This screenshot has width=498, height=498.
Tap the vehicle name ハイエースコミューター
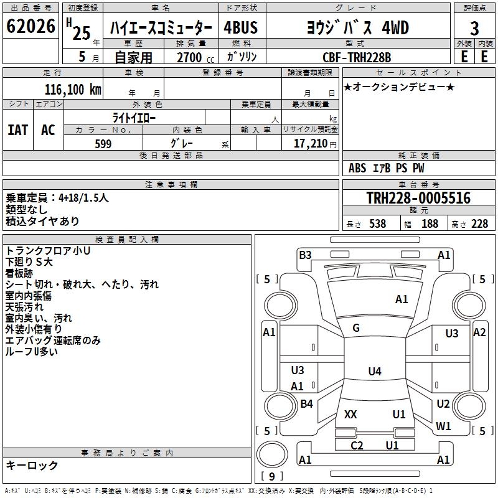point(161,28)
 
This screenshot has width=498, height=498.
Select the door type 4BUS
point(241,28)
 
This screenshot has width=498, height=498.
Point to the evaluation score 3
point(474,28)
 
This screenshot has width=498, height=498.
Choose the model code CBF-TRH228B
point(357,57)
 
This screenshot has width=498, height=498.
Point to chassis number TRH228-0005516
point(418,198)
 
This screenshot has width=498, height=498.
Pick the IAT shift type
point(18,129)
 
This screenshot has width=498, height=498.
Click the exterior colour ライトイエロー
point(134,118)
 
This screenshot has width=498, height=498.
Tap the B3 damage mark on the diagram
point(305,255)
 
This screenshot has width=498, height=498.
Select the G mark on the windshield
point(356,328)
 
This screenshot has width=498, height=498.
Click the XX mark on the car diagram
point(350,414)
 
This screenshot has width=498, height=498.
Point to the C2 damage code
point(357,445)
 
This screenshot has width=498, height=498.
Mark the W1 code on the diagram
point(443,426)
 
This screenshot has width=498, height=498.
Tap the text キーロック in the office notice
point(32,466)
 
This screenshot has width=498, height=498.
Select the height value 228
point(479,224)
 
